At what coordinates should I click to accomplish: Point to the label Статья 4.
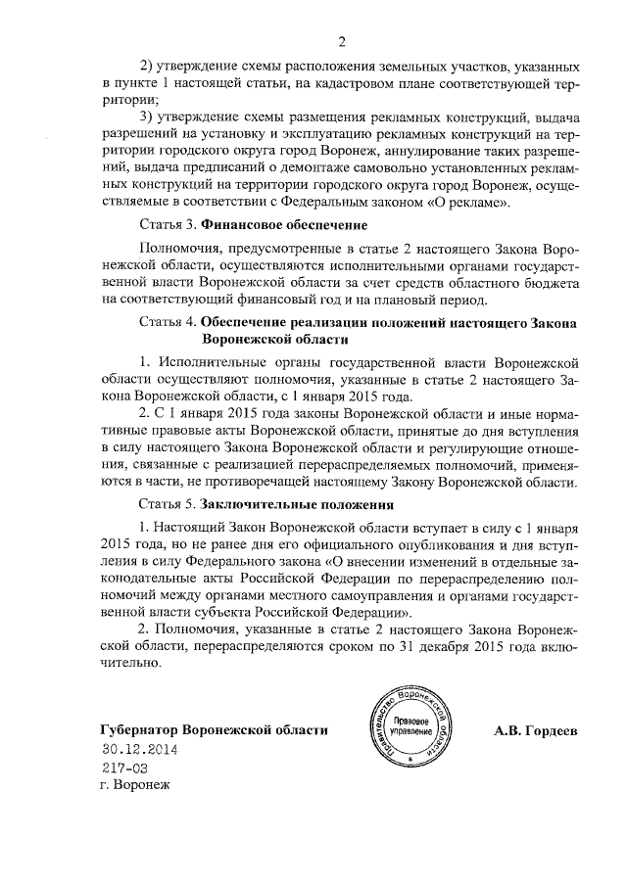169,321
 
